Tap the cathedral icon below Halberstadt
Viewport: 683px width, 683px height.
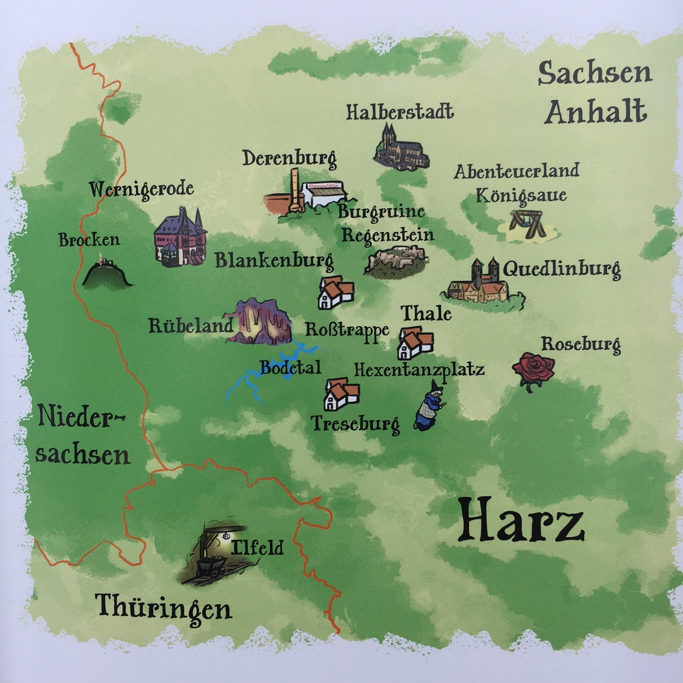point(401,149)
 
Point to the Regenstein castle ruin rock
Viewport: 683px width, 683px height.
point(396,261)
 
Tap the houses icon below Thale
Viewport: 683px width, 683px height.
point(415,343)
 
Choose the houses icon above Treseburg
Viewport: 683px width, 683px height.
point(341,394)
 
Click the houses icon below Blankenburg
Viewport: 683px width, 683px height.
point(336,292)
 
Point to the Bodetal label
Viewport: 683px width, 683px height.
point(290,368)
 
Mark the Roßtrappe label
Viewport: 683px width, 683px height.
point(347,330)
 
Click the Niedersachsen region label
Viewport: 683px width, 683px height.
point(82,435)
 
